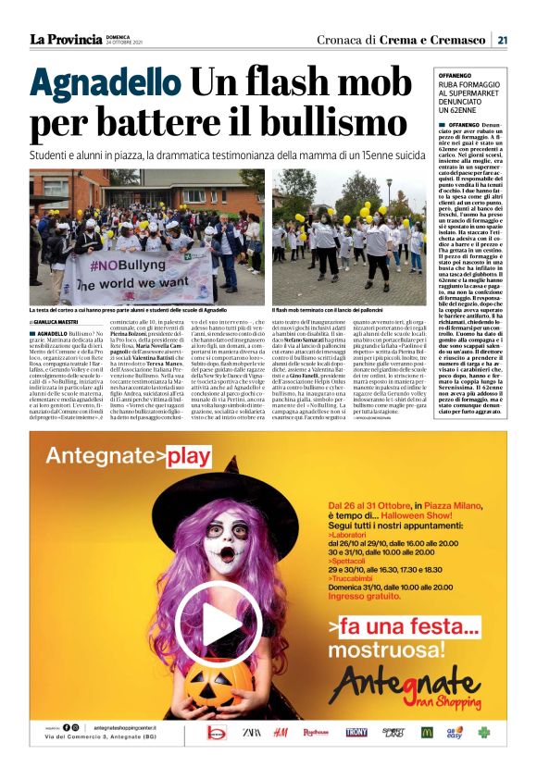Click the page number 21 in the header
pos(501,39)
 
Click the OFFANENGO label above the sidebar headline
pos(455,74)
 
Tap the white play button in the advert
pos(205,616)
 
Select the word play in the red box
pos(190,455)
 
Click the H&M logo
pos(281,732)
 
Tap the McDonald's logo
pos(427,732)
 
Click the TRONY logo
pos(356,732)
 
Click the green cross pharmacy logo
pos(484,732)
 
